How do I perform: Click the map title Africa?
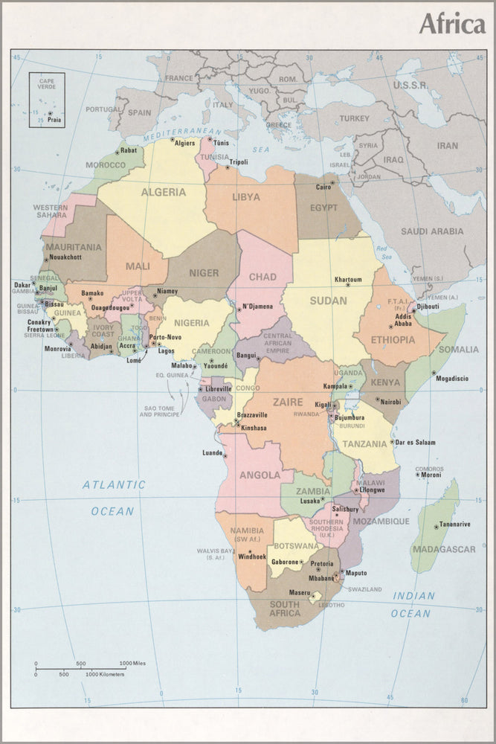tap(451, 24)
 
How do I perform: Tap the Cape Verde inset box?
tap(47, 100)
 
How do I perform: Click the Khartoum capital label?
tap(347, 280)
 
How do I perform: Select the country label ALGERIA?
tap(163, 192)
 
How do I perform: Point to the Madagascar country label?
tap(445, 549)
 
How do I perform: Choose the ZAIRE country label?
tap(288, 402)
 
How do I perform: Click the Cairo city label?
tap(323, 187)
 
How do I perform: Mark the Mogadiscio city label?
tap(451, 379)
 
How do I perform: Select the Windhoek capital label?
tap(251, 557)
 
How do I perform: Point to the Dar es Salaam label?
tap(415, 442)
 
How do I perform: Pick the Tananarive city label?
tap(454, 525)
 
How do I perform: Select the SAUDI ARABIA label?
tap(432, 231)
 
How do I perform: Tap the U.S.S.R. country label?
tap(410, 86)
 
